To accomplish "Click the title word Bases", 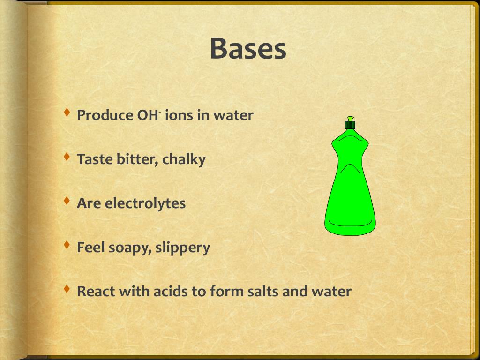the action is (248, 49).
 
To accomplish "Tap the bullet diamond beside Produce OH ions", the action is (67, 112).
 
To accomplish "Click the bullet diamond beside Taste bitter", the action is (67, 157).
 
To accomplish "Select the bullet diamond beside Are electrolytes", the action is (67, 201).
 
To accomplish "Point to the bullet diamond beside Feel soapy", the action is (67, 245).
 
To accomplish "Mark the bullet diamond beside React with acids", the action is (67, 289).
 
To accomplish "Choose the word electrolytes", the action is (145, 203).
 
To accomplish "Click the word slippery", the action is (183, 248).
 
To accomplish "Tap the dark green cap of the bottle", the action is (350, 125).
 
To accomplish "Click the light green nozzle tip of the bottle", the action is (351, 119).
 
